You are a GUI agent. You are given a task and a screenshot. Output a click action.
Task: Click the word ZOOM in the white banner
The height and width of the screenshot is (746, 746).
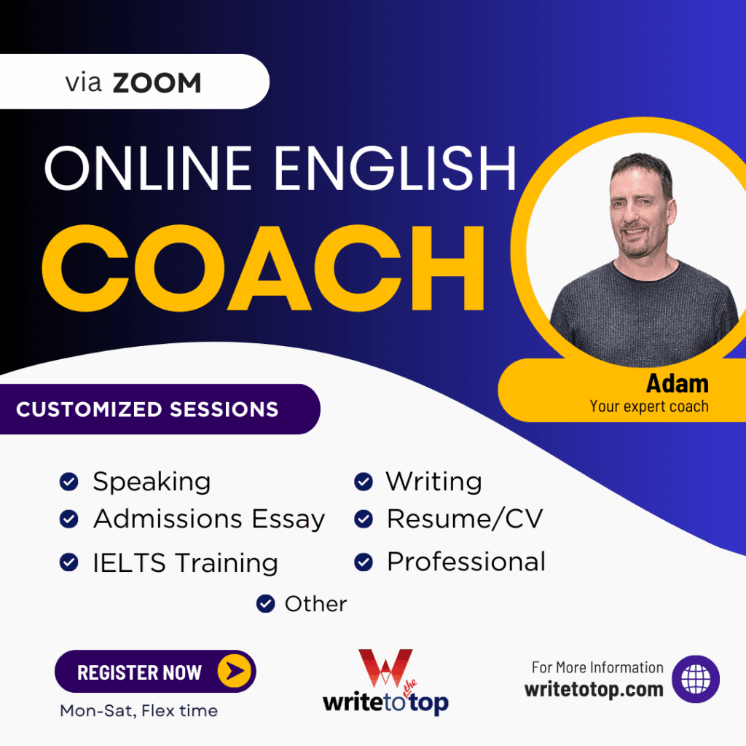(x=157, y=83)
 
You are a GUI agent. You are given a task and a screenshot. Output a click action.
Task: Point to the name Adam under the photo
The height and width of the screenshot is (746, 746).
(x=677, y=382)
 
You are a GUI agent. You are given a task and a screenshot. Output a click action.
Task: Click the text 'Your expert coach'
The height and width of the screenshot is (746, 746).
(x=648, y=406)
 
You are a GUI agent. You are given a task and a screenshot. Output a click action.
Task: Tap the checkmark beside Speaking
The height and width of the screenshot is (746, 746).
(x=68, y=482)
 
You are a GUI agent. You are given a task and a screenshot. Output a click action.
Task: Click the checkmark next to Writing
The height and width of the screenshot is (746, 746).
(x=363, y=482)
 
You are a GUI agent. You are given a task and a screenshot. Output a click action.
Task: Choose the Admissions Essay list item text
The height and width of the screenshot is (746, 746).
(x=209, y=519)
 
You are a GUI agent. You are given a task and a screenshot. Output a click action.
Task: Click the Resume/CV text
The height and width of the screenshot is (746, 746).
(x=464, y=519)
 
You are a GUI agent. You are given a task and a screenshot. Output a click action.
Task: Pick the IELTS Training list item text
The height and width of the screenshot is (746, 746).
(x=185, y=562)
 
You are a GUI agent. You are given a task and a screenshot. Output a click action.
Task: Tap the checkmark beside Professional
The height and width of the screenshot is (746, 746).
(x=363, y=562)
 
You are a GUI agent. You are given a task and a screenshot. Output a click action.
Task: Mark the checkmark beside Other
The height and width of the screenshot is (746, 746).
(x=265, y=603)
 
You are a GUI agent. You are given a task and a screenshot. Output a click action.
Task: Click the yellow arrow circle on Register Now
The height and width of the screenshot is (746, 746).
(x=235, y=671)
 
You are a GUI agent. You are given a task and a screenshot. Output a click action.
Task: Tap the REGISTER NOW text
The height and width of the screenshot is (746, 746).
(x=139, y=672)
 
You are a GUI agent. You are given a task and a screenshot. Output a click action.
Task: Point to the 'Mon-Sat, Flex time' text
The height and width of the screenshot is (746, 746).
(x=138, y=710)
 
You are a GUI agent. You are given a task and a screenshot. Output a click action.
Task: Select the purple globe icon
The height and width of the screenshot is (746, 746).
(x=695, y=679)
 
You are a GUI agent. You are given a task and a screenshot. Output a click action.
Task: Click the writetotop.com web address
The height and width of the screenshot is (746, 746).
(x=594, y=688)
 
